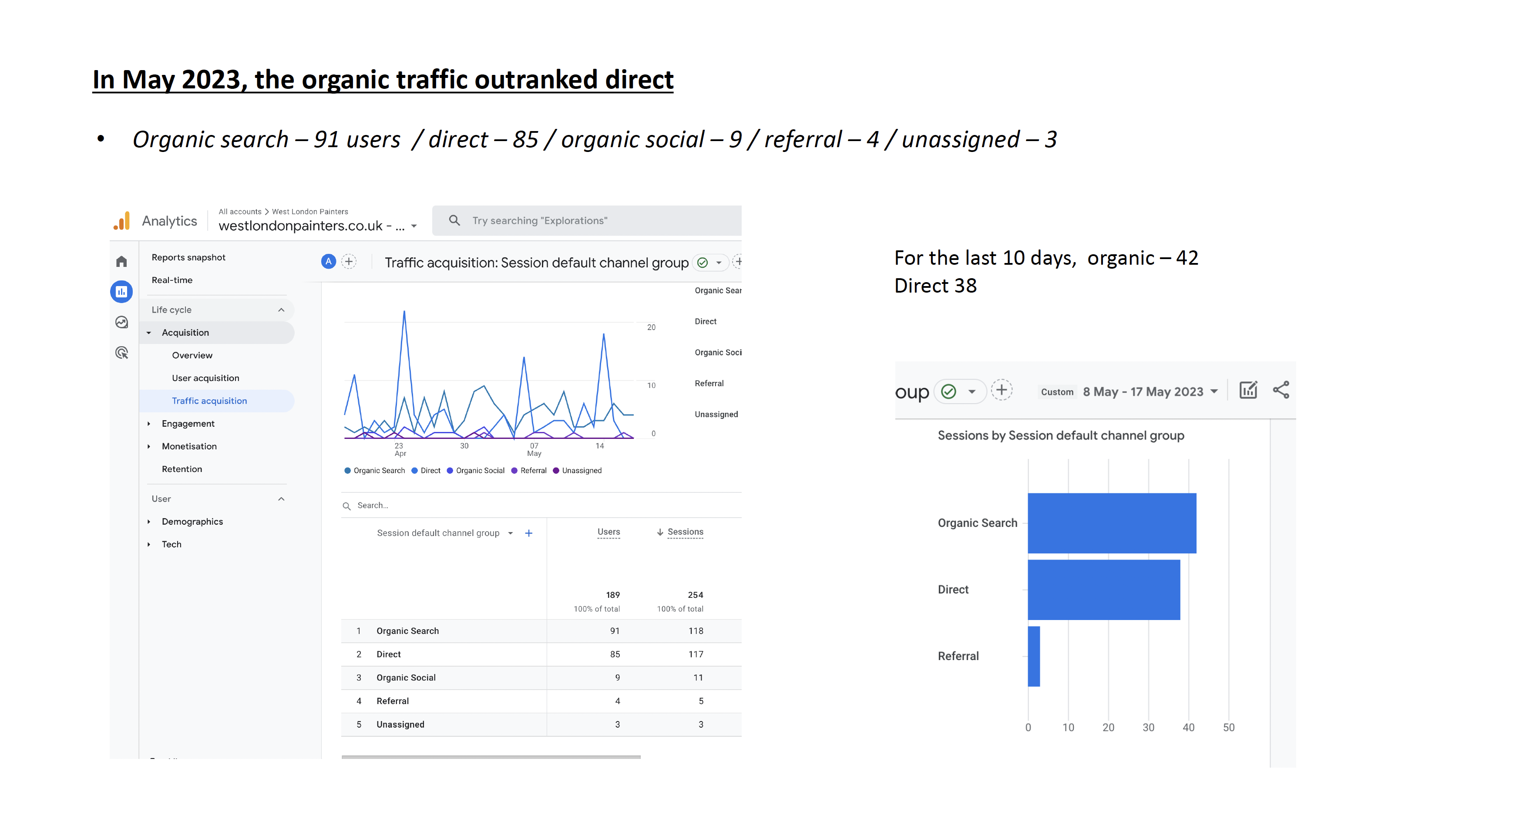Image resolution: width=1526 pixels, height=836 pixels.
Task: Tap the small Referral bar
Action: coord(1034,656)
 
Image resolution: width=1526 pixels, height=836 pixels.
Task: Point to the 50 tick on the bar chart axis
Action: coord(1229,727)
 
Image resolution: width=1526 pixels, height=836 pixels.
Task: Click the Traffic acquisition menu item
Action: coord(209,401)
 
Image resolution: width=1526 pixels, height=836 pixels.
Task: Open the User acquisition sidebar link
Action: coord(205,378)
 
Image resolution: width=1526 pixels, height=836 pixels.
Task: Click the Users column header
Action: coord(608,532)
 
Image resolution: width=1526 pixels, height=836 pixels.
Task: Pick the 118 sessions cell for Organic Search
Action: coord(696,631)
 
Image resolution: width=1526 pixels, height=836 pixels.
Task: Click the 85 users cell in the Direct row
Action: coord(615,654)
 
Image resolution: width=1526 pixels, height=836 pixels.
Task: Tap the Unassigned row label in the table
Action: coord(400,724)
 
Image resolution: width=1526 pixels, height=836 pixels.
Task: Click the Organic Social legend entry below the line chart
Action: coord(480,470)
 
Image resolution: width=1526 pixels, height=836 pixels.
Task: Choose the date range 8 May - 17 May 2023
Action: coord(1143,391)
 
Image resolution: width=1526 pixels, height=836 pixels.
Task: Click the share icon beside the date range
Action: coord(1281,390)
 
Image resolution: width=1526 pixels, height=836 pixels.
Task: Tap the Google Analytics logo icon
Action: coord(122,221)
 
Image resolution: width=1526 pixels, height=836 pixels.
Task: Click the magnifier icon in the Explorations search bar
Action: coord(454,220)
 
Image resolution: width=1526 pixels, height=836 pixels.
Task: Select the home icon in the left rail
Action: coord(121,261)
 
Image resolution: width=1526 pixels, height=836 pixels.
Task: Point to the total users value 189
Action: coord(612,595)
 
